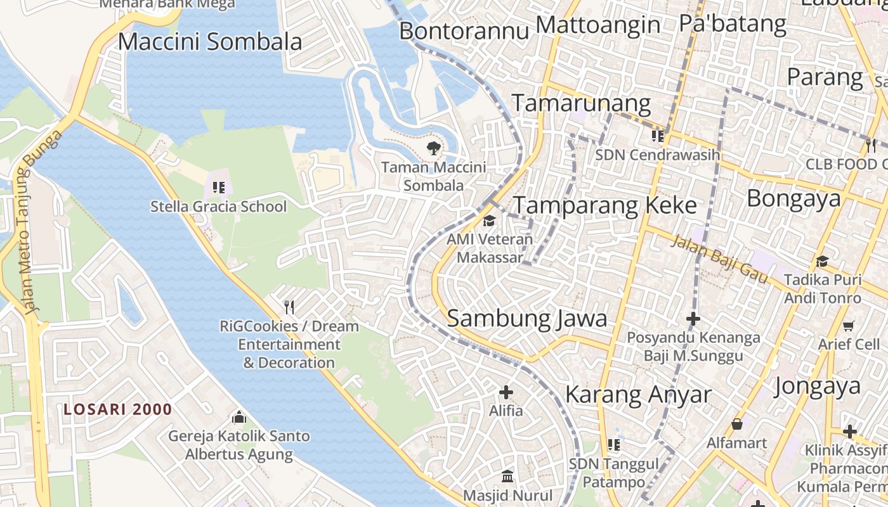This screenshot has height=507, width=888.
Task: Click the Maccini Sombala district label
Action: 210,42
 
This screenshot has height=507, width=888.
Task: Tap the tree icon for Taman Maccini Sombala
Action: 434,149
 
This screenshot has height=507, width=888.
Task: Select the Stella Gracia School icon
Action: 219,187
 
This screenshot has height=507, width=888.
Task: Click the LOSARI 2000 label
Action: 118,409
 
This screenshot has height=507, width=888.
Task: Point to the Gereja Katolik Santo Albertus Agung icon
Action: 239,417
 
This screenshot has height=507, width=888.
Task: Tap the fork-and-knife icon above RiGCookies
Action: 289,307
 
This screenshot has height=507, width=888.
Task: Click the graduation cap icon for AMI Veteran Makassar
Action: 489,221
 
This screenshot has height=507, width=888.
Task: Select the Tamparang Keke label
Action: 604,205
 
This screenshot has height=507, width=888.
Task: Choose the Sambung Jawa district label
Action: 527,318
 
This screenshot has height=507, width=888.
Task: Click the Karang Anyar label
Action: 638,394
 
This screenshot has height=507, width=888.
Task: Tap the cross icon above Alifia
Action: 506,392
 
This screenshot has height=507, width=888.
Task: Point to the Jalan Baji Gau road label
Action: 720,259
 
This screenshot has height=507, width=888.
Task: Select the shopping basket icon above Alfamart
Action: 737,423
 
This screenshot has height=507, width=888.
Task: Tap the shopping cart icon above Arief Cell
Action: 849,326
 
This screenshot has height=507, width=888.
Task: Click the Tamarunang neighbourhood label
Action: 581,103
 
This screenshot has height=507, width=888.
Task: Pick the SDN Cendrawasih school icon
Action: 658,136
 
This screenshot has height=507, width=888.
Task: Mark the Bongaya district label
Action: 793,198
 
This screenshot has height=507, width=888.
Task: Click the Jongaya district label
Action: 817,385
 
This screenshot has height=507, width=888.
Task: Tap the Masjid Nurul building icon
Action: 507,476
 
